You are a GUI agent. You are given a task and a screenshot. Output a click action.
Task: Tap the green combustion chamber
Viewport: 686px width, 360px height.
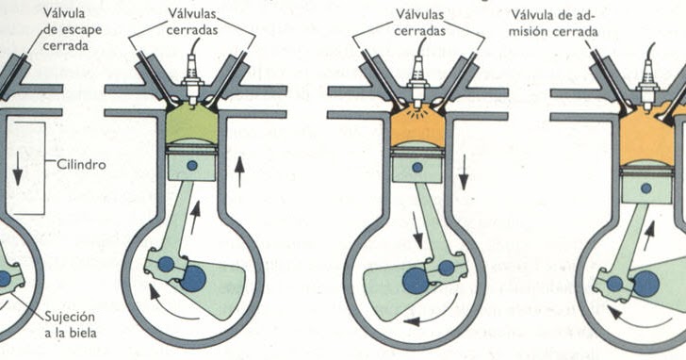pos(192,123)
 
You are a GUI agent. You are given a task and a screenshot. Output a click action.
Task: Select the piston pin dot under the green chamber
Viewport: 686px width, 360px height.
pos(193,166)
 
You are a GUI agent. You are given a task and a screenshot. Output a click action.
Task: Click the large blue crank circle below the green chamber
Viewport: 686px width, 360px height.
pos(194,277)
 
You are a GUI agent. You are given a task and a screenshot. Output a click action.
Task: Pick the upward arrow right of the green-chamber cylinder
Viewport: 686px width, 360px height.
pos(239,172)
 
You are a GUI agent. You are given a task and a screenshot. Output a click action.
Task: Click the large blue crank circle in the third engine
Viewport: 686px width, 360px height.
pos(415,280)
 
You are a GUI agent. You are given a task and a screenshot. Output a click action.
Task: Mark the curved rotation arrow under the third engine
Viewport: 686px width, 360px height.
pos(426,321)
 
